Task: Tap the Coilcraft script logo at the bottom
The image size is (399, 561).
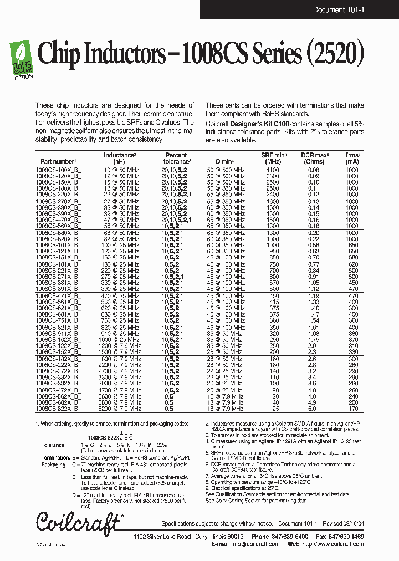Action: tap(78, 522)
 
